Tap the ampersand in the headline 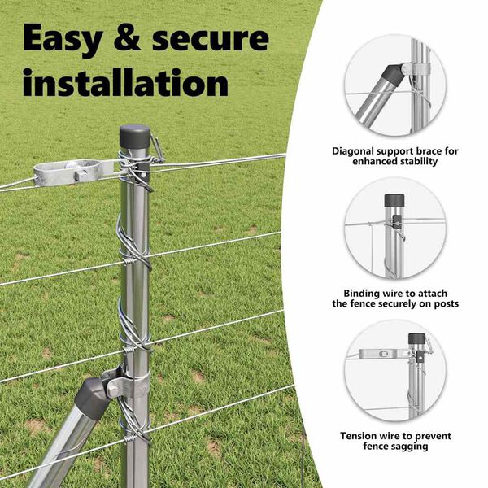[127, 37]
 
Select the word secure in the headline [211, 39]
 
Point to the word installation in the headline [125, 81]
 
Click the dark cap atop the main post [135, 137]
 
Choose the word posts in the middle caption [444, 303]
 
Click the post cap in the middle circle [394, 200]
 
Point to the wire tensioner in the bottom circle [383, 354]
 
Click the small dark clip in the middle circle [396, 220]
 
